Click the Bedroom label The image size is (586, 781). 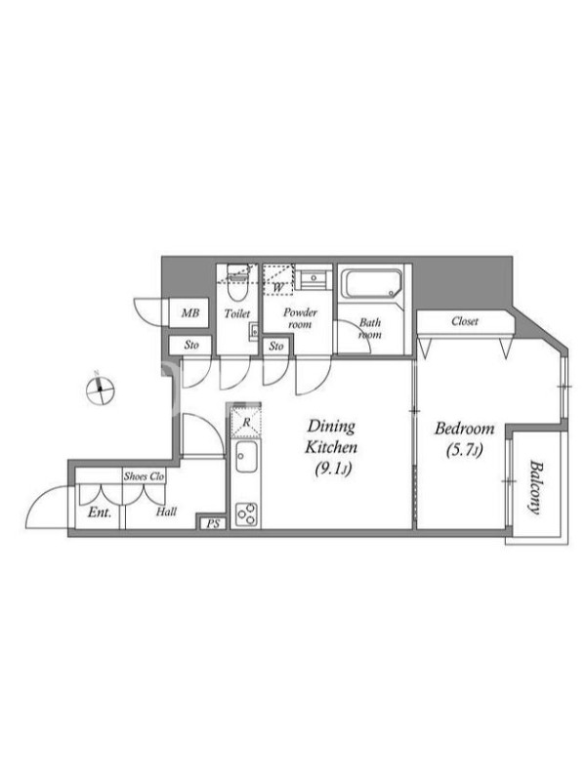click(x=465, y=429)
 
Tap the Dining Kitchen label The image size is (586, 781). click(x=331, y=436)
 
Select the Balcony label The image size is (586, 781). click(x=535, y=487)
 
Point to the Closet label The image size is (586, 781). click(x=465, y=322)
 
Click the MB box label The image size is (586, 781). click(x=190, y=313)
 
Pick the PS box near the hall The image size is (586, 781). click(x=213, y=524)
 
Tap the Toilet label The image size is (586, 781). click(x=237, y=313)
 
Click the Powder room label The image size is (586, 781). click(x=300, y=318)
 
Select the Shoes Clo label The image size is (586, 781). click(x=144, y=476)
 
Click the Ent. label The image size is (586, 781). click(x=100, y=512)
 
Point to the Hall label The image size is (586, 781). click(x=166, y=512)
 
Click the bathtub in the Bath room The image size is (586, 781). click(x=373, y=284)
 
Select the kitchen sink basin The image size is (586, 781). click(x=246, y=457)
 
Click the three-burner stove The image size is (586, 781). click(x=247, y=514)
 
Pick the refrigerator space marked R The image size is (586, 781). click(x=246, y=422)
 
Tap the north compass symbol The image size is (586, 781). click(x=101, y=389)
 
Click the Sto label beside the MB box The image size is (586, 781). click(x=191, y=345)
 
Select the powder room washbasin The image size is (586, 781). click(x=314, y=278)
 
